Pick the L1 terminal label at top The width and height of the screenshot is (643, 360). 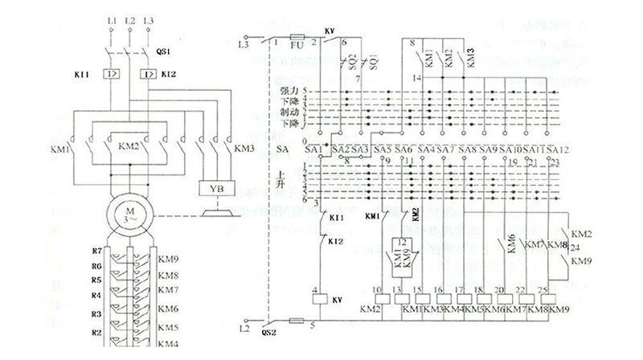point(110,17)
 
